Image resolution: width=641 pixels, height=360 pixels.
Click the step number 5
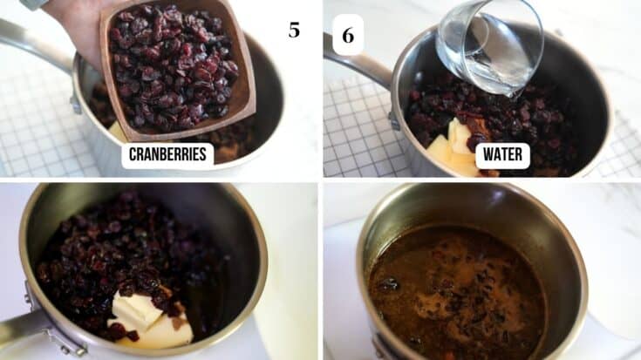(294, 31)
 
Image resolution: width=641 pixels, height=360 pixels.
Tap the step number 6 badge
(348, 35)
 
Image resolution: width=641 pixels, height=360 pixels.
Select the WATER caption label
(503, 155)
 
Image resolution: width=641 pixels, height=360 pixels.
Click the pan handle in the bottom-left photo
(22, 329)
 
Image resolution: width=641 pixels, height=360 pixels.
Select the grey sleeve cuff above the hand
(35, 3)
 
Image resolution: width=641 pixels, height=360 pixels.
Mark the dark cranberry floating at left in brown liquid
(389, 283)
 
